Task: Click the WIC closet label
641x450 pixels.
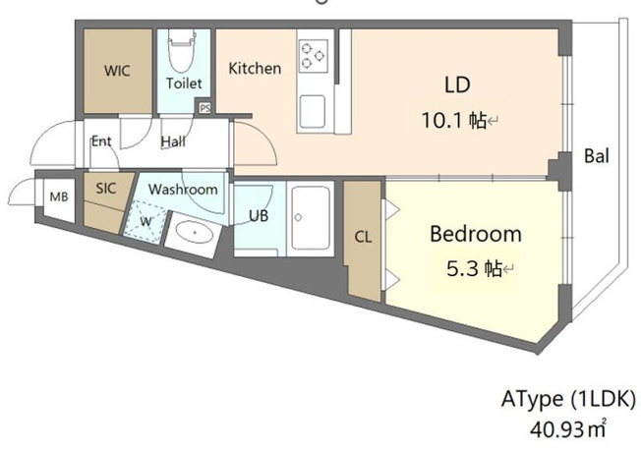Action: [x=117, y=71]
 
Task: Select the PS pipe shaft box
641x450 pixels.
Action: [x=204, y=108]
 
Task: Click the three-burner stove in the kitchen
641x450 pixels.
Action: [x=314, y=56]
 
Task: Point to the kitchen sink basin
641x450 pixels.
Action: [x=313, y=112]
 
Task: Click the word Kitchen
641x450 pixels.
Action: [x=255, y=68]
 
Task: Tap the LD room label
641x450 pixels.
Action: [x=457, y=84]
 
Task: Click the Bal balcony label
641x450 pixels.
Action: [x=597, y=155]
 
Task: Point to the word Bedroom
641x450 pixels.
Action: [x=476, y=234]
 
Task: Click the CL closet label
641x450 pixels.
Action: [x=363, y=237]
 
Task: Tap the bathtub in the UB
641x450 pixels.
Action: [x=311, y=218]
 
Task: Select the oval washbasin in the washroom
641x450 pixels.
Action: [x=195, y=232]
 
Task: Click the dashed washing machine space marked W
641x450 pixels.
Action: [x=146, y=222]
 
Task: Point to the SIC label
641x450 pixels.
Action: [x=106, y=189]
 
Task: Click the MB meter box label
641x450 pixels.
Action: [x=59, y=197]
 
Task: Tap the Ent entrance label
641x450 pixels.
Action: [x=101, y=141]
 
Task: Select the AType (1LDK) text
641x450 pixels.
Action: [x=568, y=399]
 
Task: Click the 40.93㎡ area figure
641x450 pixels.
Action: [x=568, y=428]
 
